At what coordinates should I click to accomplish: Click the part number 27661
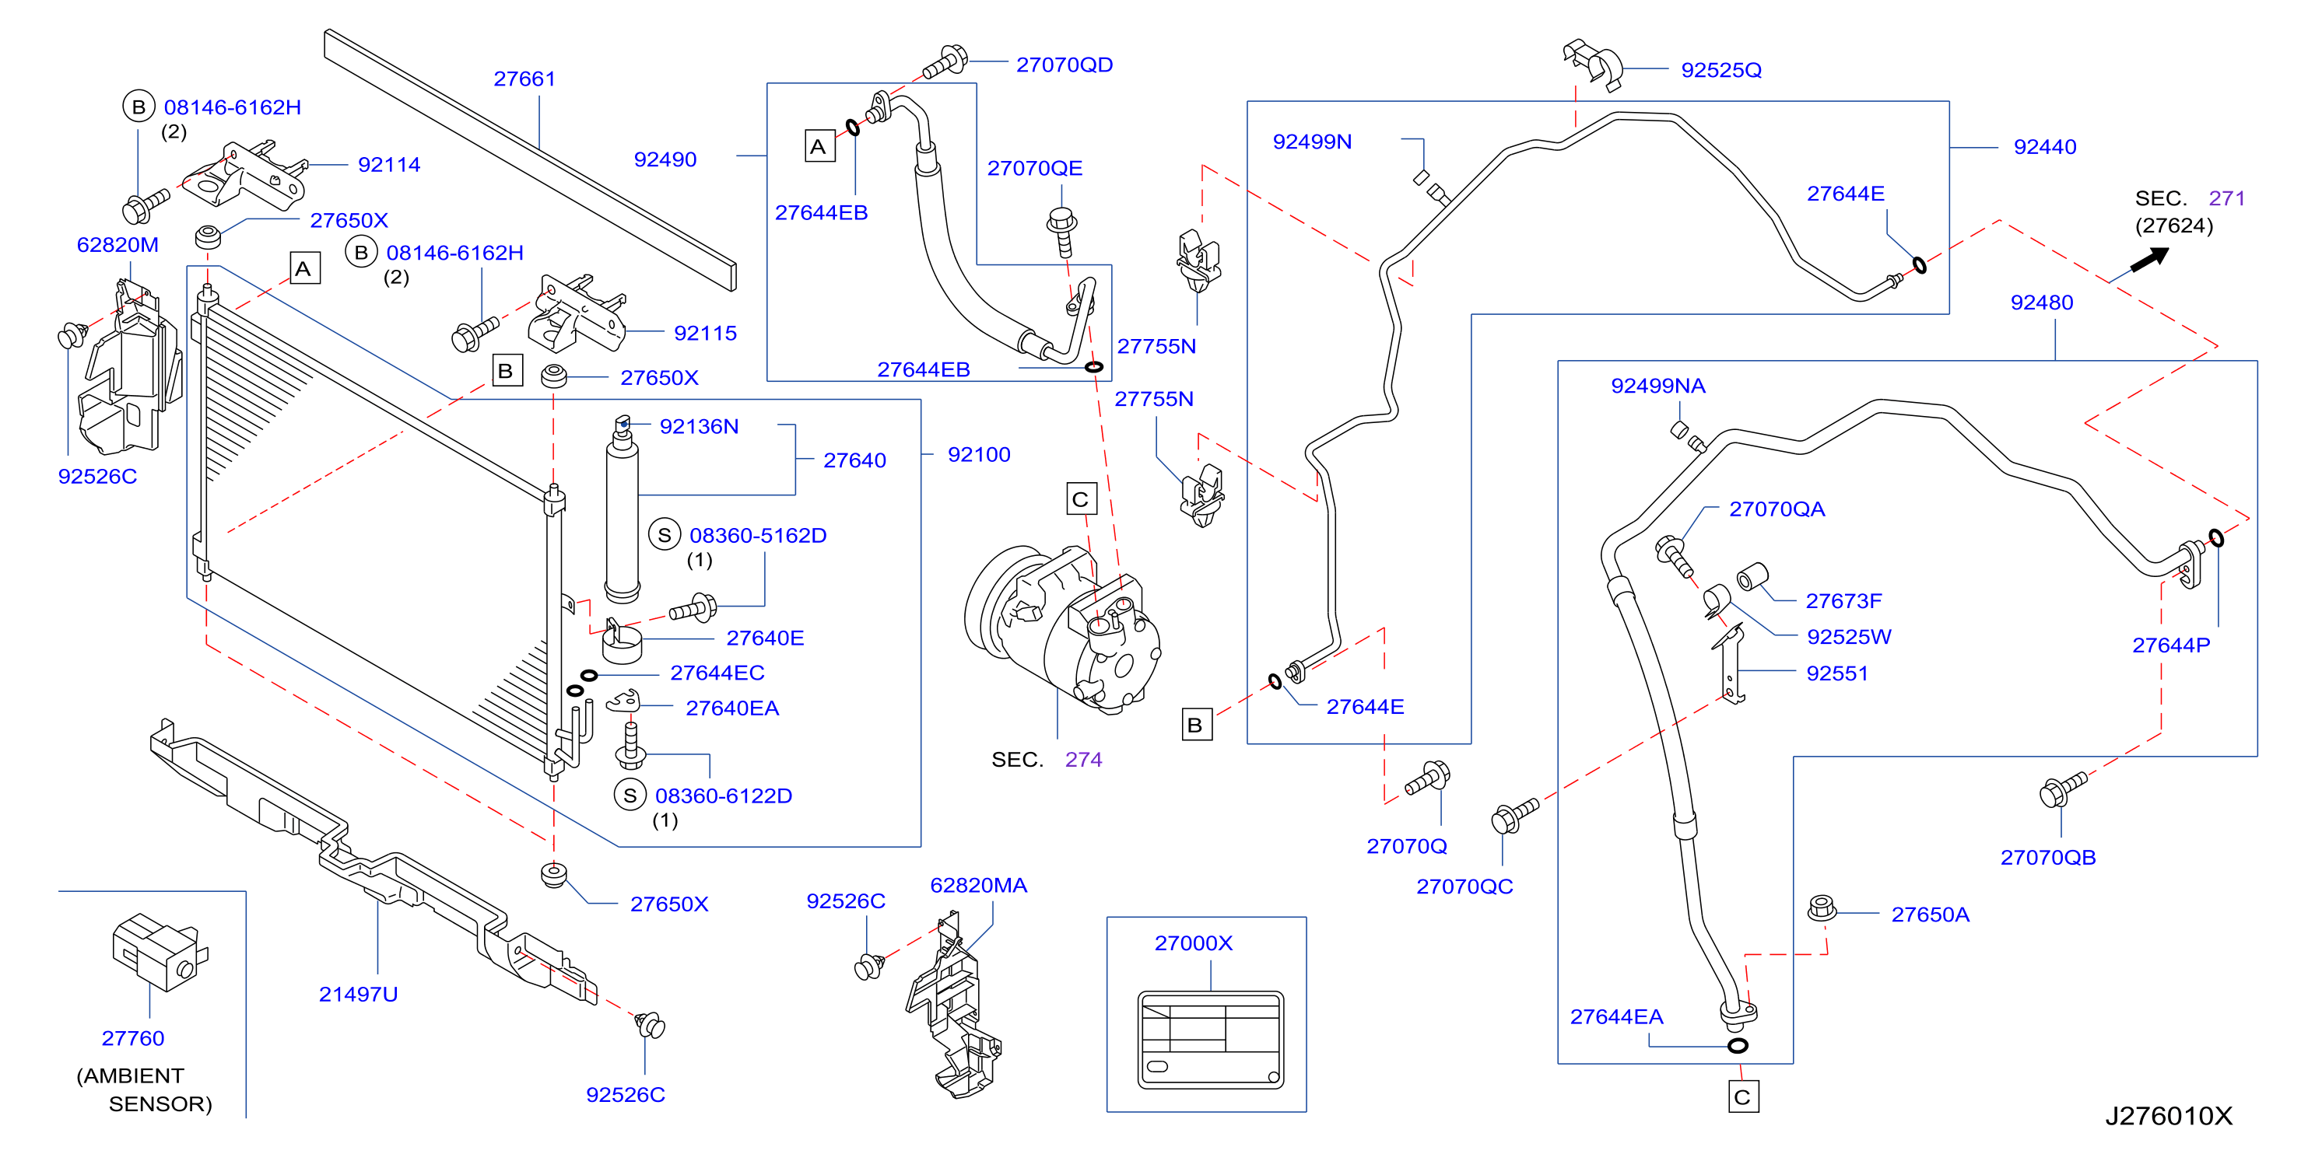pyautogui.click(x=524, y=79)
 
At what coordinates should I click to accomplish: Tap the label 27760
pyautogui.click(x=132, y=1039)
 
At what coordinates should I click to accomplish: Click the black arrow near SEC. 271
pyautogui.click(x=2150, y=260)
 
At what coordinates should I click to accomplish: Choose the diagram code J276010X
pyautogui.click(x=2168, y=1116)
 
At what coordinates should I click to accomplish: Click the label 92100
pyautogui.click(x=979, y=455)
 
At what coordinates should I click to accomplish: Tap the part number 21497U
pyautogui.click(x=358, y=995)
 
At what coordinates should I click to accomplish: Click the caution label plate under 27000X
pyautogui.click(x=1210, y=1040)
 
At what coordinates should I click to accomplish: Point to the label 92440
pyautogui.click(x=2044, y=147)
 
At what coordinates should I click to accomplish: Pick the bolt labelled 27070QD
pyautogui.click(x=944, y=62)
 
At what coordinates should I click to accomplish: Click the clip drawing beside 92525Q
pyautogui.click(x=1593, y=64)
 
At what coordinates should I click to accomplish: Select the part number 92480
pyautogui.click(x=2042, y=302)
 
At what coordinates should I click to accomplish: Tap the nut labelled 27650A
pyautogui.click(x=1822, y=907)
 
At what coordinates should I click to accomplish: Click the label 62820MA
pyautogui.click(x=978, y=886)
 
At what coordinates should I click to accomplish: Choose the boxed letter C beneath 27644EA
pyautogui.click(x=1742, y=1097)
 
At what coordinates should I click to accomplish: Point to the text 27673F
pyautogui.click(x=1843, y=601)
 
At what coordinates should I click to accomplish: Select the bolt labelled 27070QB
pyautogui.click(x=2062, y=789)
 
